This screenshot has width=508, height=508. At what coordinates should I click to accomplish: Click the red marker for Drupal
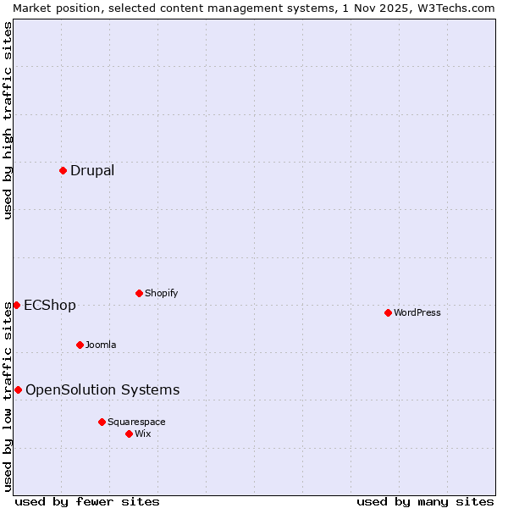(63, 170)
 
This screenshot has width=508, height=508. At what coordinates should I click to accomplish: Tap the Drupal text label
(92, 170)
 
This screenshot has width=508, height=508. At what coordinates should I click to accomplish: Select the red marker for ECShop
(16, 305)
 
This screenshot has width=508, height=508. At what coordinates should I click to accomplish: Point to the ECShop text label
(50, 305)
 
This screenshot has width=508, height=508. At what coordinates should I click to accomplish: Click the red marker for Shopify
(139, 293)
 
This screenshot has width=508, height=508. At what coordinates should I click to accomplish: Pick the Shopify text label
(161, 293)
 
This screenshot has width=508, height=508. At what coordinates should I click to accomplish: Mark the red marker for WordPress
(388, 312)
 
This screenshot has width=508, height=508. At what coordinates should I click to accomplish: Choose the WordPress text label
(417, 312)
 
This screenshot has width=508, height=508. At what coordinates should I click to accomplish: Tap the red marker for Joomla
(80, 345)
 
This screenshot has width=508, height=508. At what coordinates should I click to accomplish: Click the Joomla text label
(101, 345)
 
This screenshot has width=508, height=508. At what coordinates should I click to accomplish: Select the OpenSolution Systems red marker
(18, 389)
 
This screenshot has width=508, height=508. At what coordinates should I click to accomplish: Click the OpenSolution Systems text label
(102, 389)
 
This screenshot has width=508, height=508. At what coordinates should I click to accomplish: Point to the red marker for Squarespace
(102, 422)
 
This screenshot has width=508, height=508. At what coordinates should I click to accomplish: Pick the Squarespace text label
(136, 422)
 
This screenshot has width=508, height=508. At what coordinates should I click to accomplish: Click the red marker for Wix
(129, 433)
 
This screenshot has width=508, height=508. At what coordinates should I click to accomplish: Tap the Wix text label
(143, 433)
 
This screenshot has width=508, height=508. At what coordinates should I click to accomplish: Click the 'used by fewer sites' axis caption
(87, 501)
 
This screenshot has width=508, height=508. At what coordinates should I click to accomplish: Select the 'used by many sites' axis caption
(425, 501)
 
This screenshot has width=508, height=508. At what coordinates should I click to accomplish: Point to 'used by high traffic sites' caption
(8, 120)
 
